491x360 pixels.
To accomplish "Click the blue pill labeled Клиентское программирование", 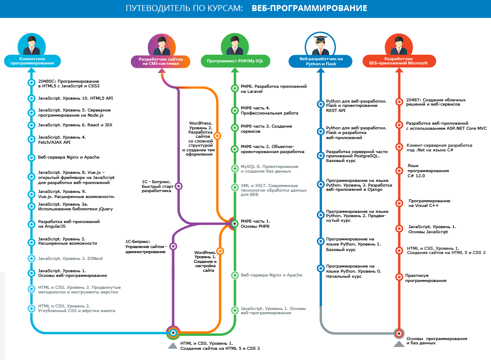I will click(x=32, y=61).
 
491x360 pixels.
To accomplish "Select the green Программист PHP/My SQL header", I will click(x=235, y=61).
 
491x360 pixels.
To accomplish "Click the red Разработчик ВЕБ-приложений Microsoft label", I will click(x=399, y=61).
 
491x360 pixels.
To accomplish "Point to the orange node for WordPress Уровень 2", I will click(x=217, y=136).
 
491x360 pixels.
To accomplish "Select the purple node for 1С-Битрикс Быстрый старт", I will click(x=179, y=186).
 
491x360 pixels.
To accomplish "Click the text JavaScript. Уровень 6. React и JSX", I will click(x=75, y=125).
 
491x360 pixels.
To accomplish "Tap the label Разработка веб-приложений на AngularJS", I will click(x=69, y=224).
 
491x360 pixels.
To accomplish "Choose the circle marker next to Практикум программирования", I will click(x=399, y=277).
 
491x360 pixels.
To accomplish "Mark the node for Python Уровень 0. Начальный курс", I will click(x=320, y=268).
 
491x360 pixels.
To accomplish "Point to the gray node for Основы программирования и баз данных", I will click(x=399, y=333).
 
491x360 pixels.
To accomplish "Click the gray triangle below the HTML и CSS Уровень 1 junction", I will click(x=172, y=346).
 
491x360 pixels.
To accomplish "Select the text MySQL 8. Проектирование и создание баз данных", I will click(x=269, y=169).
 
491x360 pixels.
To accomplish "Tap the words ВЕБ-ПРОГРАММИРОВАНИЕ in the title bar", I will click(x=309, y=8).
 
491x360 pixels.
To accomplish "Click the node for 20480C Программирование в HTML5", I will click(x=31, y=83).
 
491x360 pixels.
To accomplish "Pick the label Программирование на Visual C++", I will click(x=429, y=203).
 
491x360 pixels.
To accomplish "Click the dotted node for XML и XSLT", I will click(x=235, y=187).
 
